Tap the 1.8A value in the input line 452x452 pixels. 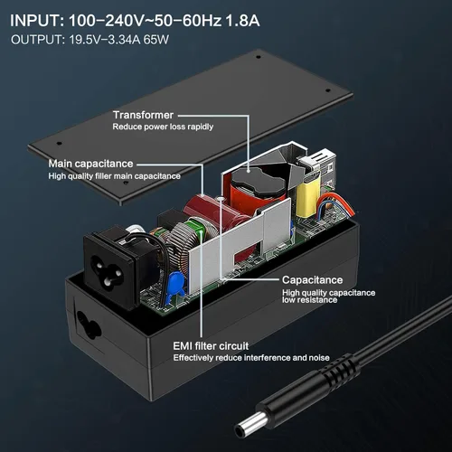point(242,21)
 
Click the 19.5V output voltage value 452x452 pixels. point(81,40)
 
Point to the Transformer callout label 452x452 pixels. point(143,115)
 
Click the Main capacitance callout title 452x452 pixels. point(90,164)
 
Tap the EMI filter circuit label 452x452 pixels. point(211,346)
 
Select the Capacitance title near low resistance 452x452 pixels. point(313,280)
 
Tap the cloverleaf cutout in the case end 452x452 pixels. point(88,324)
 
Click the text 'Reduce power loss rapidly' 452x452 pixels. point(163,127)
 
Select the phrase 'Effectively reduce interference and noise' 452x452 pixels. point(251,358)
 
